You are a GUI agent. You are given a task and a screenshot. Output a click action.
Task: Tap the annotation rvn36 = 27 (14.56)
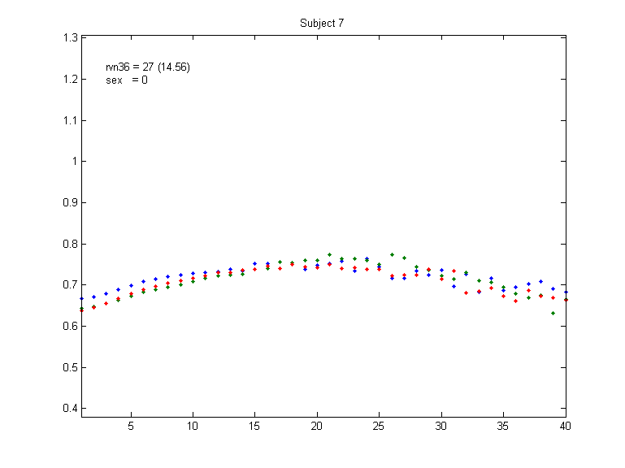coord(148,67)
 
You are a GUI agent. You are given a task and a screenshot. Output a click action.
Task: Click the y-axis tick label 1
coord(73,161)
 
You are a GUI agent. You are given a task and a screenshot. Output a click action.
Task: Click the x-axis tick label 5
coord(131,425)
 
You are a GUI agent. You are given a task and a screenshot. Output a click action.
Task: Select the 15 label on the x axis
coord(254,425)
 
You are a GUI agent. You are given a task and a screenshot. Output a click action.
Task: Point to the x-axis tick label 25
coord(379,425)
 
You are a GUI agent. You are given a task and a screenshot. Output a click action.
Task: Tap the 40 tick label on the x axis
coord(565,425)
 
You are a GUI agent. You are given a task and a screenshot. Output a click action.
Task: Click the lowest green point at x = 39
coord(553,313)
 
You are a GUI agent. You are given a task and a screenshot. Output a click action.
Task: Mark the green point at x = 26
coord(392,254)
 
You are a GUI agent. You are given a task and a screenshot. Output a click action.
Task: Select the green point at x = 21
coord(330,254)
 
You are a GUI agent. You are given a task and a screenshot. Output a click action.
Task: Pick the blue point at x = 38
coord(541,281)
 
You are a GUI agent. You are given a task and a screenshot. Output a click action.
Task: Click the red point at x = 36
coord(516,301)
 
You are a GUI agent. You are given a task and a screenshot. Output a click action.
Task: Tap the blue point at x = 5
coord(131,285)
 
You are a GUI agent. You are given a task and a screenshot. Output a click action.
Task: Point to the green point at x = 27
coord(404,258)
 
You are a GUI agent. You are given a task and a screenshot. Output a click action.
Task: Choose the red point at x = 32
coord(467,292)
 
